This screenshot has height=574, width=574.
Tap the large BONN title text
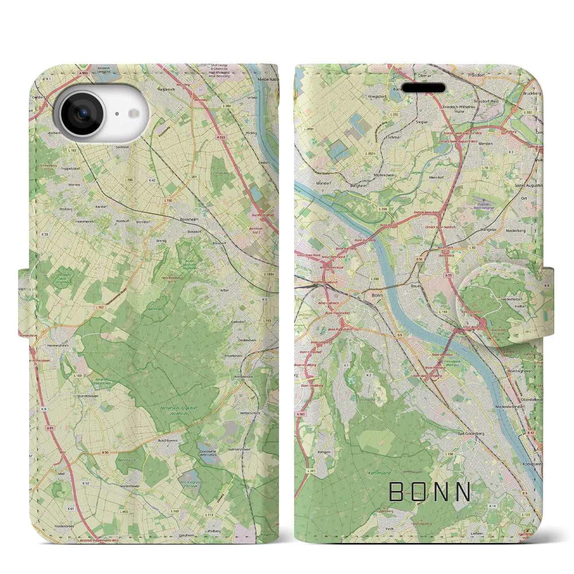[430, 492]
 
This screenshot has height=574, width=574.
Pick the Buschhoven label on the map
[168, 440]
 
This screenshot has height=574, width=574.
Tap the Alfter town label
[224, 290]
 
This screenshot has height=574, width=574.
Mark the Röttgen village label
[323, 452]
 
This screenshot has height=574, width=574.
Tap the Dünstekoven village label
[86, 396]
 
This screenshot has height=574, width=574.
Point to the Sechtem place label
[122, 147]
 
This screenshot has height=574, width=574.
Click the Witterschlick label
[250, 413]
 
